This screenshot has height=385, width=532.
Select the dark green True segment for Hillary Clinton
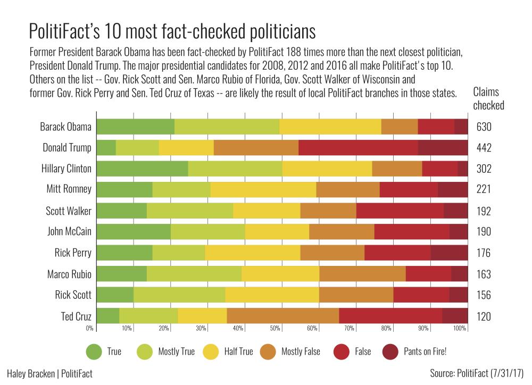tap(142, 169)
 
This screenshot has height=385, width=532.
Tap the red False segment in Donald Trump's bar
tap(358, 148)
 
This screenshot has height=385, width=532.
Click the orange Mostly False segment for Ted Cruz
tap(282, 316)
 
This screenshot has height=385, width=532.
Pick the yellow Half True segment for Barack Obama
tap(330, 127)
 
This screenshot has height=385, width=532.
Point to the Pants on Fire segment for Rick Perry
tap(449, 253)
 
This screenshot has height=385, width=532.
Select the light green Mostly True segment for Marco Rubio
tap(194, 274)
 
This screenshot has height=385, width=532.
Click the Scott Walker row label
tap(69, 211)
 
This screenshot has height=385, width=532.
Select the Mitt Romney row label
tap(68, 190)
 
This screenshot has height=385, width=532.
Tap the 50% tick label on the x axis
tap(275, 328)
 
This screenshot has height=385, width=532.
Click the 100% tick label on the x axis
tap(460, 328)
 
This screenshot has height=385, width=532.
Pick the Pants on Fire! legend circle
tap(392, 351)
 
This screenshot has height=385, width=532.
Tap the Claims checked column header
tap(488, 98)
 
